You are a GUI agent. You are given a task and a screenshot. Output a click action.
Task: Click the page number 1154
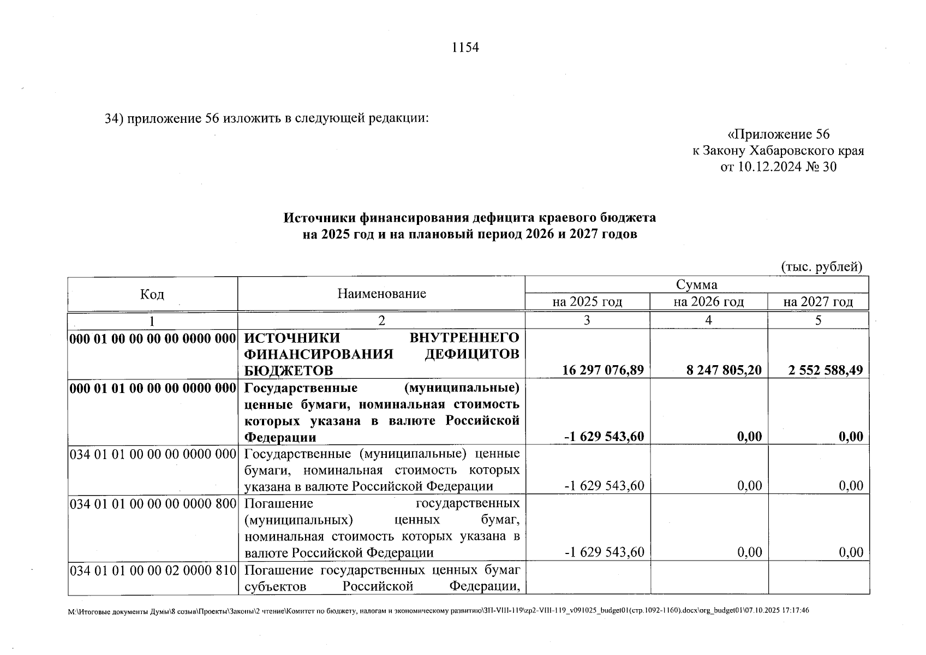pos(465,48)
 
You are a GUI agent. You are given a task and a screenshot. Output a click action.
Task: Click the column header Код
pos(152,295)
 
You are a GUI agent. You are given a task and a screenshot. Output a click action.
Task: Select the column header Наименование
pos(381,294)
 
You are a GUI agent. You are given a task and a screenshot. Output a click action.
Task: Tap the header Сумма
pos(696,285)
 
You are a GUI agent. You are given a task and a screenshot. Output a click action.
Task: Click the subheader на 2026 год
pos(708,302)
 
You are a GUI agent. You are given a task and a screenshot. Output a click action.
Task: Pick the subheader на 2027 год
pos(817,302)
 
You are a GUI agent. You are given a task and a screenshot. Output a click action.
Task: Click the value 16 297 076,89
pos(603,371)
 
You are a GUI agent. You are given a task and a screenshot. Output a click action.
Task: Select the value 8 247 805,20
pos(724,371)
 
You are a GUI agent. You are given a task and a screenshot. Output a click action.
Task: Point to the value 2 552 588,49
pos(826,371)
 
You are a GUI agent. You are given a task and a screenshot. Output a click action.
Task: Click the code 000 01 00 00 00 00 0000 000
pos(152,338)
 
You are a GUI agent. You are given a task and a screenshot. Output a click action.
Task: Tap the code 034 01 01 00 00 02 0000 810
pos(152,571)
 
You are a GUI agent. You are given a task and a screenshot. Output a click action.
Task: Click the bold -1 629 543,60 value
pos(604,437)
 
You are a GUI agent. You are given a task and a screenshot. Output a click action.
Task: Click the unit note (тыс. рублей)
pos(822,267)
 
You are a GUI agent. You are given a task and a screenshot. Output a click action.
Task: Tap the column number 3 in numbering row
pos(587,320)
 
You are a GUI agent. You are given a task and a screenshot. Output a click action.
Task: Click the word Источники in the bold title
pos(319,218)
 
